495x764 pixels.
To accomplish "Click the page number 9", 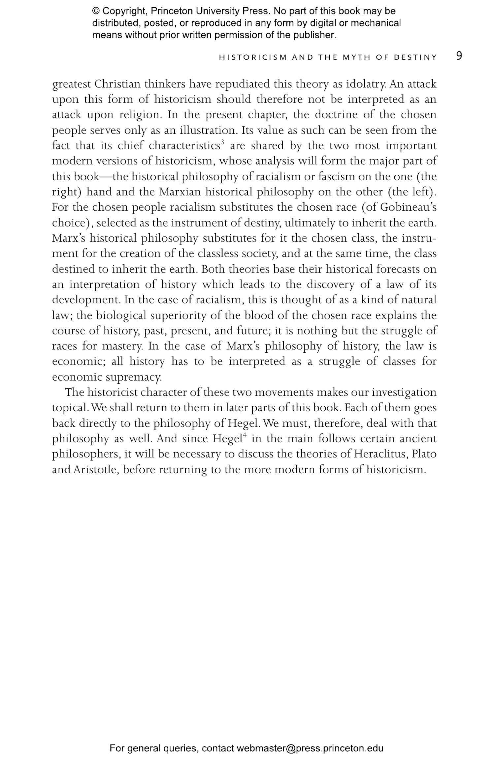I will coord(459,56).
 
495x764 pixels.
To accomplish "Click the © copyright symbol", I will coord(96,11).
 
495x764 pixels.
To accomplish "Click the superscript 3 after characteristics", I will coord(223,142).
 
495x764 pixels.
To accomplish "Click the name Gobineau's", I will coord(408,207).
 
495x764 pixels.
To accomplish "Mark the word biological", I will coord(121,315).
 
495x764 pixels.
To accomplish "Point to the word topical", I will coord(70,408).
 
